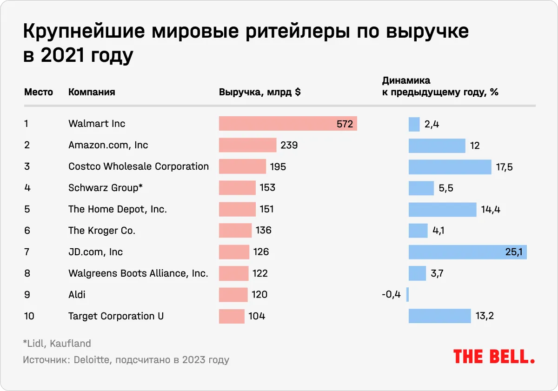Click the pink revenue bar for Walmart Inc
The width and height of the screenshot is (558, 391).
click(287, 124)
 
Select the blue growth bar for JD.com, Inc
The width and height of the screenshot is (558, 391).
click(467, 252)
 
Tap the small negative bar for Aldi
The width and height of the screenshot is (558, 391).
click(407, 295)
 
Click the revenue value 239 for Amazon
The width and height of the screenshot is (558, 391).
click(289, 145)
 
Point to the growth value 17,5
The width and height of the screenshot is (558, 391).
click(505, 166)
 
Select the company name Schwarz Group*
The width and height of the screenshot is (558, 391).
click(105, 188)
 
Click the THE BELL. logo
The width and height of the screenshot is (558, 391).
click(494, 357)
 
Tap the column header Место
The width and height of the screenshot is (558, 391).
click(39, 92)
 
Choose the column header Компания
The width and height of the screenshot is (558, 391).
click(92, 92)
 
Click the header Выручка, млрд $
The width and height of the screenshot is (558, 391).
click(259, 92)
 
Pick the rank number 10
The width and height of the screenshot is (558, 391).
click(29, 316)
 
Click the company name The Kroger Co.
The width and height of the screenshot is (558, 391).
click(102, 231)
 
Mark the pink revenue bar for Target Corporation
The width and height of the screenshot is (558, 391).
click(232, 316)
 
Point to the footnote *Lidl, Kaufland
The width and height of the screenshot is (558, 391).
click(57, 344)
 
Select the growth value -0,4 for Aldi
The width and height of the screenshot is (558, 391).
click(391, 295)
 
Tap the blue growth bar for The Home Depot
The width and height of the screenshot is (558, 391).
click(442, 209)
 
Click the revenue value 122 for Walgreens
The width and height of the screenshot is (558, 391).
click(260, 273)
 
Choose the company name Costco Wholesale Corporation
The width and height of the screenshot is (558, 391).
click(139, 166)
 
